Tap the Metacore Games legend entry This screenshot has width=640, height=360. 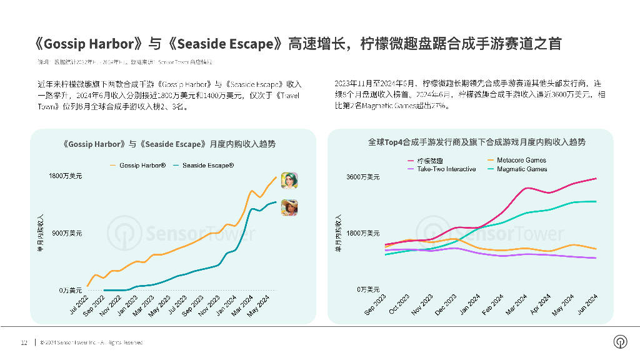click(x=521, y=161)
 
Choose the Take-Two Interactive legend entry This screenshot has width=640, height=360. click(x=446, y=169)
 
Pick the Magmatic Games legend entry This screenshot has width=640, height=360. click(x=521, y=169)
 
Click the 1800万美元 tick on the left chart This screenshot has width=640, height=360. click(x=65, y=177)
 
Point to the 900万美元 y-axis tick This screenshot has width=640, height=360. click(x=66, y=234)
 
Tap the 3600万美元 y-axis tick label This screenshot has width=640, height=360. click(x=362, y=177)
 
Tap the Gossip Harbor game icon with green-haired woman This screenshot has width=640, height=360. click(x=289, y=180)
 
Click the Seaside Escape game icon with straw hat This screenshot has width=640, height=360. click(x=289, y=207)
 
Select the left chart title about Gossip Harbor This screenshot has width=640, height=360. click(x=169, y=144)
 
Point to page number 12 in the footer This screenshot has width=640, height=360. click(x=24, y=342)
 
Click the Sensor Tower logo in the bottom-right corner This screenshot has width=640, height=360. click(x=620, y=342)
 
